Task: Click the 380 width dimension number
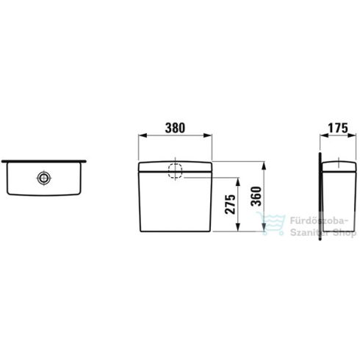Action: pos(175,127)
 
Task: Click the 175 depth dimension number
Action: pos(336,127)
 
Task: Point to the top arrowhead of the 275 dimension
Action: pos(237,180)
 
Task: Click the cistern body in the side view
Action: pos(336,198)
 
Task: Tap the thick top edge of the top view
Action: pos(46,159)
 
